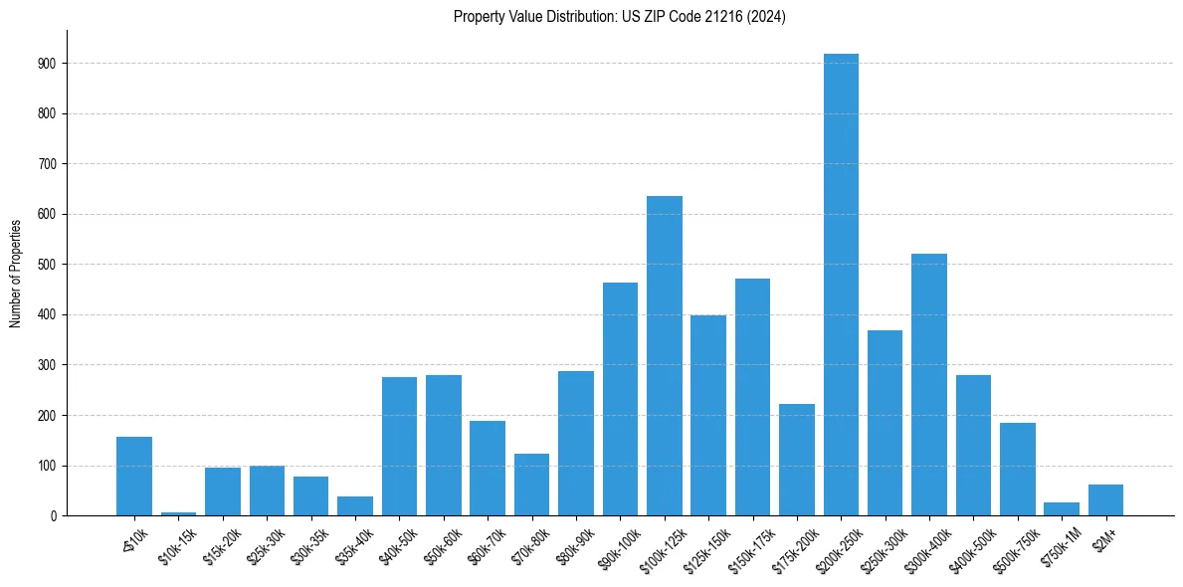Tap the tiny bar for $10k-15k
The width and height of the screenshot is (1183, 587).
pyautogui.click(x=178, y=513)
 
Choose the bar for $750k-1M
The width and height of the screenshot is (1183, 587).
pyautogui.click(x=1062, y=508)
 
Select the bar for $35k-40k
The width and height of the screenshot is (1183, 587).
pyautogui.click(x=355, y=505)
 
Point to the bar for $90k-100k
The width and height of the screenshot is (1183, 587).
pyautogui.click(x=620, y=399)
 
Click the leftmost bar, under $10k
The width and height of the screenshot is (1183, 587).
pyautogui.click(x=134, y=476)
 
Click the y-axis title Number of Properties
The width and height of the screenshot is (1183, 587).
pyautogui.click(x=15, y=273)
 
